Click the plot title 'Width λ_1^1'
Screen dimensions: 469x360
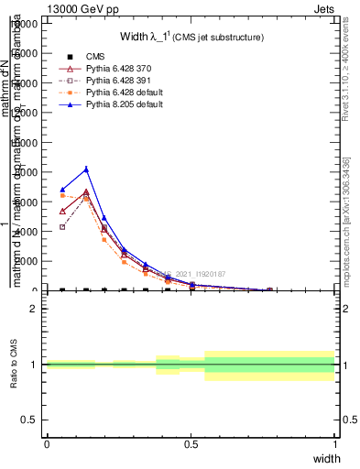tap(191, 38)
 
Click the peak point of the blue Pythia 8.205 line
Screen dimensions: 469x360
tap(86, 169)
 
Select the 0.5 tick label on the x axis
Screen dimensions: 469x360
tap(191, 444)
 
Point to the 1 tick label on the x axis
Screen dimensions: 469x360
tap(335, 444)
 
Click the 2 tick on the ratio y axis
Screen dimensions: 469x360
tap(35, 309)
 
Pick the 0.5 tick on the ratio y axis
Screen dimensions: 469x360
tap(32, 420)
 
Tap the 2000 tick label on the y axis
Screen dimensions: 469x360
tap(27, 261)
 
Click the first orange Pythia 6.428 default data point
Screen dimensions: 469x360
tap(62, 195)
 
